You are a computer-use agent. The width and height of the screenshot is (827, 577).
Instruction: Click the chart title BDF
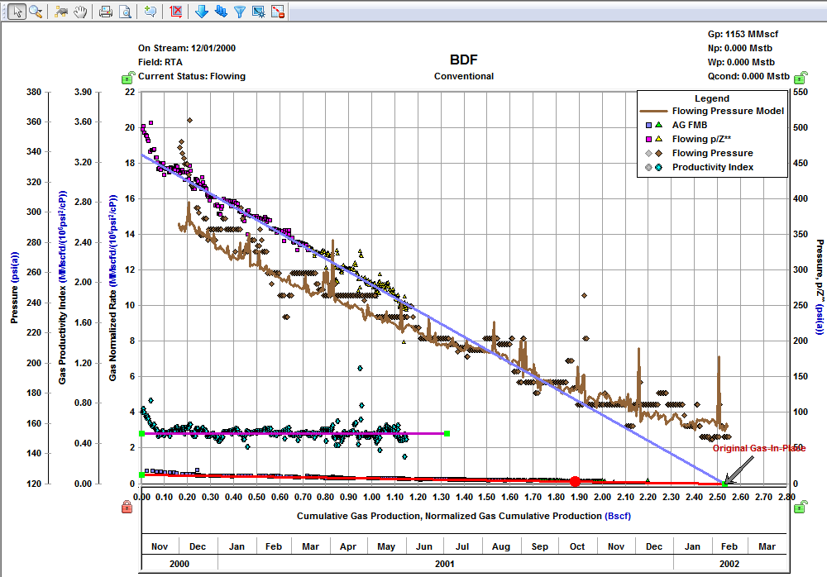[x=464, y=60]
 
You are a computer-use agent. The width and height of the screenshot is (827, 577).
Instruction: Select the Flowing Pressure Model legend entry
[x=728, y=111]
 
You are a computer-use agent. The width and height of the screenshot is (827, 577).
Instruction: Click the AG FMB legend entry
[x=690, y=125]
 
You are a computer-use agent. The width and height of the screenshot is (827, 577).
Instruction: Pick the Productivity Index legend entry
[x=713, y=168]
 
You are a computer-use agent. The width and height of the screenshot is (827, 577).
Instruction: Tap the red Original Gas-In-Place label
[x=758, y=449]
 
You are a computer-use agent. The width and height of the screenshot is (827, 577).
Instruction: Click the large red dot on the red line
[x=575, y=481]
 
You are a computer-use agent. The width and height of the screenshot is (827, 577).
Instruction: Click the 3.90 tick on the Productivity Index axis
[x=84, y=92]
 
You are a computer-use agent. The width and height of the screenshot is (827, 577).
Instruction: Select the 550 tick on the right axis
[x=800, y=92]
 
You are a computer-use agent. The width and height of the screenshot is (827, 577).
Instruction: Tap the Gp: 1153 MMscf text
[x=743, y=35]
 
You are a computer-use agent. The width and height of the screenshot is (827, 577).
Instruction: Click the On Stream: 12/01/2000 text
[x=187, y=47]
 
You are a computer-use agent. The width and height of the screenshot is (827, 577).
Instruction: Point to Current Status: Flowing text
[x=191, y=76]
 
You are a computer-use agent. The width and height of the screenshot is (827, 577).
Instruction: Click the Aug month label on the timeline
[x=501, y=546]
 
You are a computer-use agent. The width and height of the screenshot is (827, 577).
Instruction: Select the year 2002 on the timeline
[x=730, y=563]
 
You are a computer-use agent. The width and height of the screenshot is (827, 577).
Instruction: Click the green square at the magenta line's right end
[x=447, y=433]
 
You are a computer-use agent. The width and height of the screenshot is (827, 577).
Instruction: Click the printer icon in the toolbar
[x=105, y=12]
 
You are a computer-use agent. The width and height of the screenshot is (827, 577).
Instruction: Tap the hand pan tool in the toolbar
[x=81, y=12]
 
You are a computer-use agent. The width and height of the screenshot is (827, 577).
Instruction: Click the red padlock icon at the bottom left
[x=127, y=507]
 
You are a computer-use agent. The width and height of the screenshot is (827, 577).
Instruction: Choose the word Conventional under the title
[x=464, y=76]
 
